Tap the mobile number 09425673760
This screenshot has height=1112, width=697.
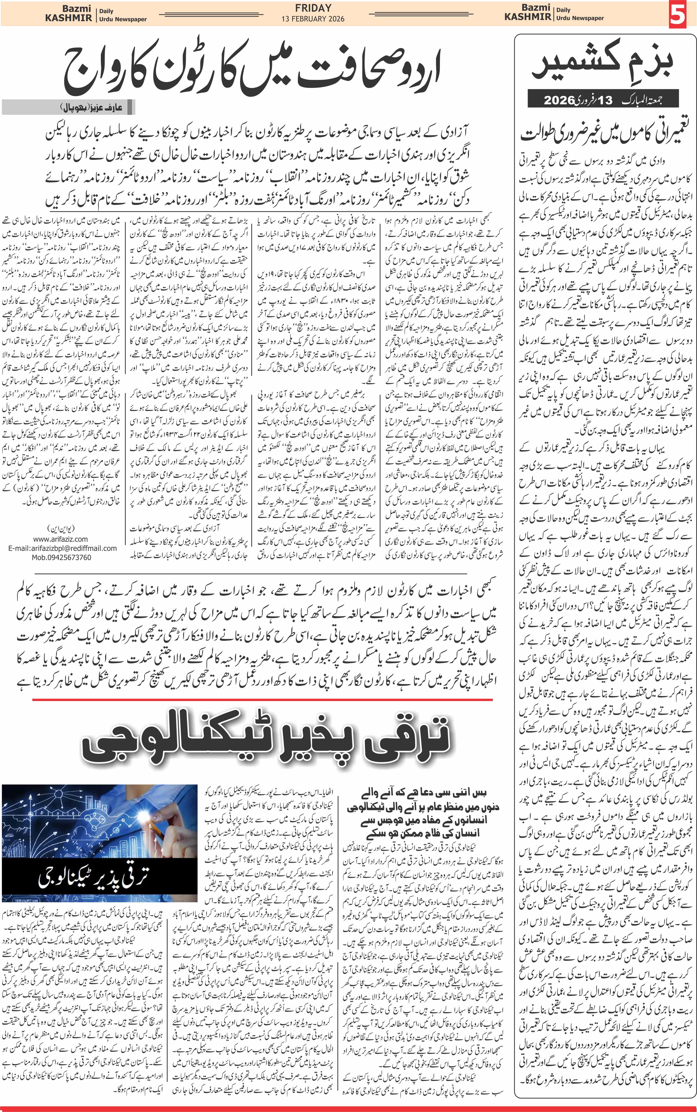(61, 557)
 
